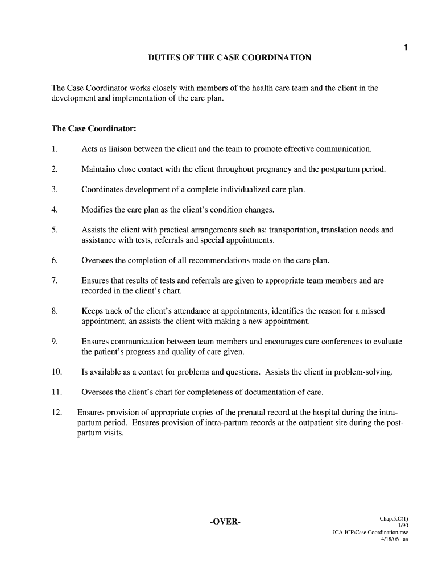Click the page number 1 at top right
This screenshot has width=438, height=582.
coord(405,48)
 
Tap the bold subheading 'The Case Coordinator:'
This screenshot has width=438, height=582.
coord(94,128)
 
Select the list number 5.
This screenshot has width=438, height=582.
coord(55,230)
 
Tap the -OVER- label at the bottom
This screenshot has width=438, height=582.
coord(225,522)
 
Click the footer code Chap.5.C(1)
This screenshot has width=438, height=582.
coord(394,519)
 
